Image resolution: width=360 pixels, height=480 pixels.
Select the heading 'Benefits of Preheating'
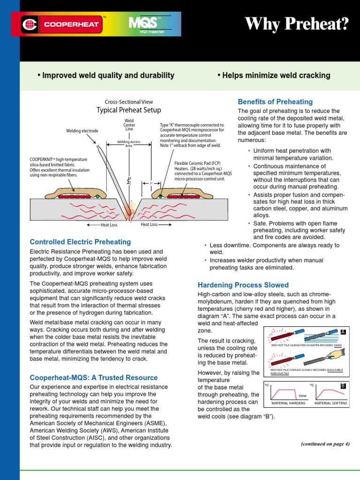coord(275,102)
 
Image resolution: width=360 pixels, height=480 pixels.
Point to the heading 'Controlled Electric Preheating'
coord(80,242)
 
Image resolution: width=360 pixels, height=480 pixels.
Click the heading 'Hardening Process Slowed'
coord(243,285)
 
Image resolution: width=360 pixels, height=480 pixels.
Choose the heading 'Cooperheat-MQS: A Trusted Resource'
coord(94,377)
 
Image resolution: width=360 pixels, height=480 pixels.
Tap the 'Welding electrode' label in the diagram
coord(82,131)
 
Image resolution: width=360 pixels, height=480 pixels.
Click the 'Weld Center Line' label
coord(129,125)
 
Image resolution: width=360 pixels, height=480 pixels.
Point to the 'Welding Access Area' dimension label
coord(129,143)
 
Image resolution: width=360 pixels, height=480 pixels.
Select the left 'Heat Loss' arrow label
coord(105,225)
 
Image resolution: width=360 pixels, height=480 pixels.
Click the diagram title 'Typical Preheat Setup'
coord(128,110)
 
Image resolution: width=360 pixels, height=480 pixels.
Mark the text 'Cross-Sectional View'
coord(128,102)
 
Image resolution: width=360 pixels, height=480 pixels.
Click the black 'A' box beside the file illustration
coord(343,332)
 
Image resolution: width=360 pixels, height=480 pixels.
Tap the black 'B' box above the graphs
coord(343,386)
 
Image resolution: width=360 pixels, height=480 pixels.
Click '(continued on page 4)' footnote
coord(325,444)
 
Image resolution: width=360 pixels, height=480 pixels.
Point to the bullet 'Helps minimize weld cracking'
coord(274,75)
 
